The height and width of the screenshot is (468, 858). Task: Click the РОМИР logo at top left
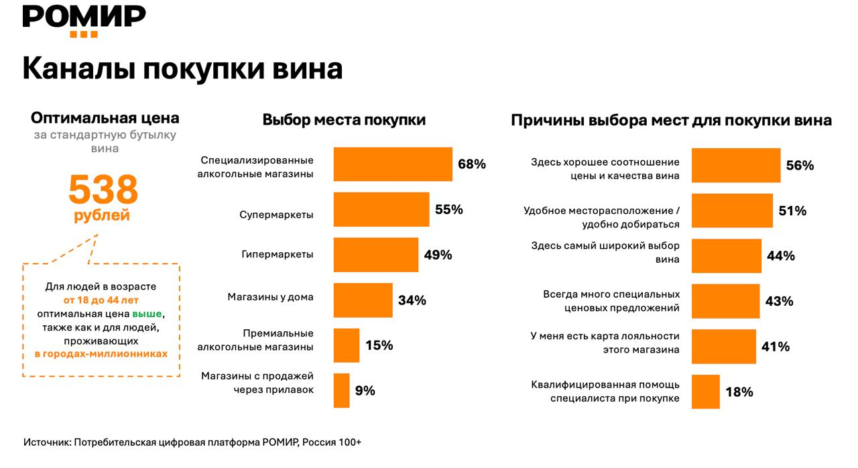[84, 19]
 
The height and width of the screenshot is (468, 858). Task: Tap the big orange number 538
[103, 190]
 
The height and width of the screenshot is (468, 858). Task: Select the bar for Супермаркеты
[381, 209]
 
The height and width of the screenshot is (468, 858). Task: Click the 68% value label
[472, 164]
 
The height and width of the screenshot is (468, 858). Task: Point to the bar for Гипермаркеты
[375, 255]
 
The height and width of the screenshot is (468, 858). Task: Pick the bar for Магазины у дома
[363, 300]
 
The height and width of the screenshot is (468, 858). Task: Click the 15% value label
[379, 345]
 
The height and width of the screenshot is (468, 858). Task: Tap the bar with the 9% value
[341, 390]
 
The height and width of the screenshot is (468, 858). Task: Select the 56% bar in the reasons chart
[735, 166]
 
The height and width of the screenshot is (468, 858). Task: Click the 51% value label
[792, 211]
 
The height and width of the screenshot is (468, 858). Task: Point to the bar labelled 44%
[726, 255]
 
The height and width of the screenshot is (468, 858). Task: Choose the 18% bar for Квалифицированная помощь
[705, 392]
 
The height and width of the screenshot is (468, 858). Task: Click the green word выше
[147, 314]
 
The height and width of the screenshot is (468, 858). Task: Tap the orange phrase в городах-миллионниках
[101, 353]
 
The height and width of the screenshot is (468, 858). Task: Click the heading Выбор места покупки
[344, 120]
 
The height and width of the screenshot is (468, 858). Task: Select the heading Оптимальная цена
[105, 119]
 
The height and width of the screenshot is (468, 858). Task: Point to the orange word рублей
[102, 216]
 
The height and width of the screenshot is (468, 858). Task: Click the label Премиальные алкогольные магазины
[255, 340]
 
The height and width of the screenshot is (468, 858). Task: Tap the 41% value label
[776, 347]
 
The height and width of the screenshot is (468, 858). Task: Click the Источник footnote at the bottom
[192, 443]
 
